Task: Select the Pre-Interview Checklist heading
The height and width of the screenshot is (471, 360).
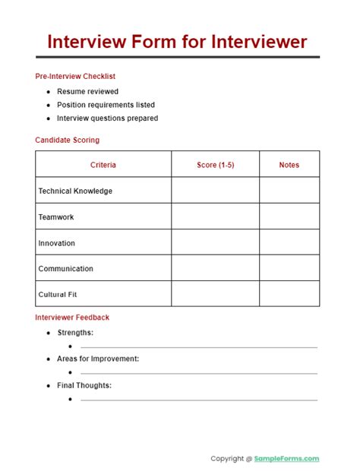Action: (x=75, y=76)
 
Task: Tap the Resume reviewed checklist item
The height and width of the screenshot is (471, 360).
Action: (x=87, y=91)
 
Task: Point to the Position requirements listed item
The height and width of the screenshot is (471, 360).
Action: (x=106, y=105)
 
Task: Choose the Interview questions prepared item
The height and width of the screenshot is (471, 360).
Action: (x=107, y=119)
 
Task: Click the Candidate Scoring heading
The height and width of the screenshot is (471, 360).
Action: (x=67, y=140)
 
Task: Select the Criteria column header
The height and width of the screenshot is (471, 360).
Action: (x=103, y=165)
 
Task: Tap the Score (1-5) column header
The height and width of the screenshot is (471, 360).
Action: (x=215, y=165)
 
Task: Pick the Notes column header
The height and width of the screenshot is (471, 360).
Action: (x=289, y=165)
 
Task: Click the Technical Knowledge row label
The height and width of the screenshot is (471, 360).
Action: (x=75, y=191)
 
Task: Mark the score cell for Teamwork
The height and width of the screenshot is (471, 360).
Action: (x=215, y=217)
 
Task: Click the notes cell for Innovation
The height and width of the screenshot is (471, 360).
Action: (x=289, y=243)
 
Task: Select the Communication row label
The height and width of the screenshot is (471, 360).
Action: (x=66, y=268)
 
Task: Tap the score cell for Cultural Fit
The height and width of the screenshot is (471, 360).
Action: (x=215, y=294)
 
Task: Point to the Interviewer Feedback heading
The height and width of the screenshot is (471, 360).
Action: (x=72, y=318)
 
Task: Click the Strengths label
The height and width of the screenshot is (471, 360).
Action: (x=75, y=333)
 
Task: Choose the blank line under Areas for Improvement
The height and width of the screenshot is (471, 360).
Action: (x=199, y=373)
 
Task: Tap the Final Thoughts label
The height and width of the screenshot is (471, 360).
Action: (x=84, y=385)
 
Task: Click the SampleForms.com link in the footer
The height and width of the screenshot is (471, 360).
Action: (x=287, y=459)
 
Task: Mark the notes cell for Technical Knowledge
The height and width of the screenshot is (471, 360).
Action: (x=289, y=191)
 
